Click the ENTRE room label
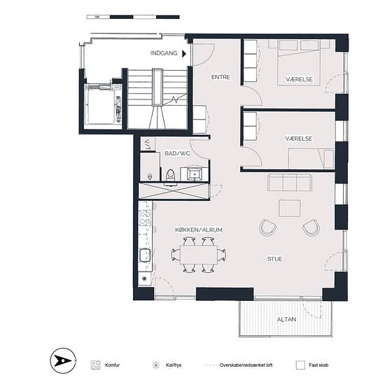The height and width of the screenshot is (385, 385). click(220, 77)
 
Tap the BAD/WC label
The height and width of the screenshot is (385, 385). click(177, 153)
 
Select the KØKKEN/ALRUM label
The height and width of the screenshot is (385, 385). click(199, 230)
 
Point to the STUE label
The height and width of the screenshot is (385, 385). click(275, 259)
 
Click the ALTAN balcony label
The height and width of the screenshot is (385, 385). click(286, 319)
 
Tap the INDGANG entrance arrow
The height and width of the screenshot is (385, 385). click(184, 53)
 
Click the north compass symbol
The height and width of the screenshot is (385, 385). click(63, 360)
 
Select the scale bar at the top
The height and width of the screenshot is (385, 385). click(133, 17)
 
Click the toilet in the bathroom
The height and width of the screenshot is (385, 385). click(170, 175)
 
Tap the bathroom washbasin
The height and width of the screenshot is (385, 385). click(195, 174)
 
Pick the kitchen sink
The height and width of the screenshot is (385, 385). click(145, 255)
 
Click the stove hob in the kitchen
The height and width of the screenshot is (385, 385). click(145, 218)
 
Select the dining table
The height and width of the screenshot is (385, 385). click(199, 255)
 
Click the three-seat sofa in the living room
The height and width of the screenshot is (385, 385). click(289, 183)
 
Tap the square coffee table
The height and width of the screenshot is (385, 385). click(290, 208)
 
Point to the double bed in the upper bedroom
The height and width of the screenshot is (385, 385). click(299, 62)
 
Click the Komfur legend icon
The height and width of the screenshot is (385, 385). click(95, 365)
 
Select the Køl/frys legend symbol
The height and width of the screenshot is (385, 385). click(155, 365)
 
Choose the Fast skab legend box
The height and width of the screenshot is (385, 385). click(300, 365)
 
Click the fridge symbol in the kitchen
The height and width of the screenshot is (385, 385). click(144, 279)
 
